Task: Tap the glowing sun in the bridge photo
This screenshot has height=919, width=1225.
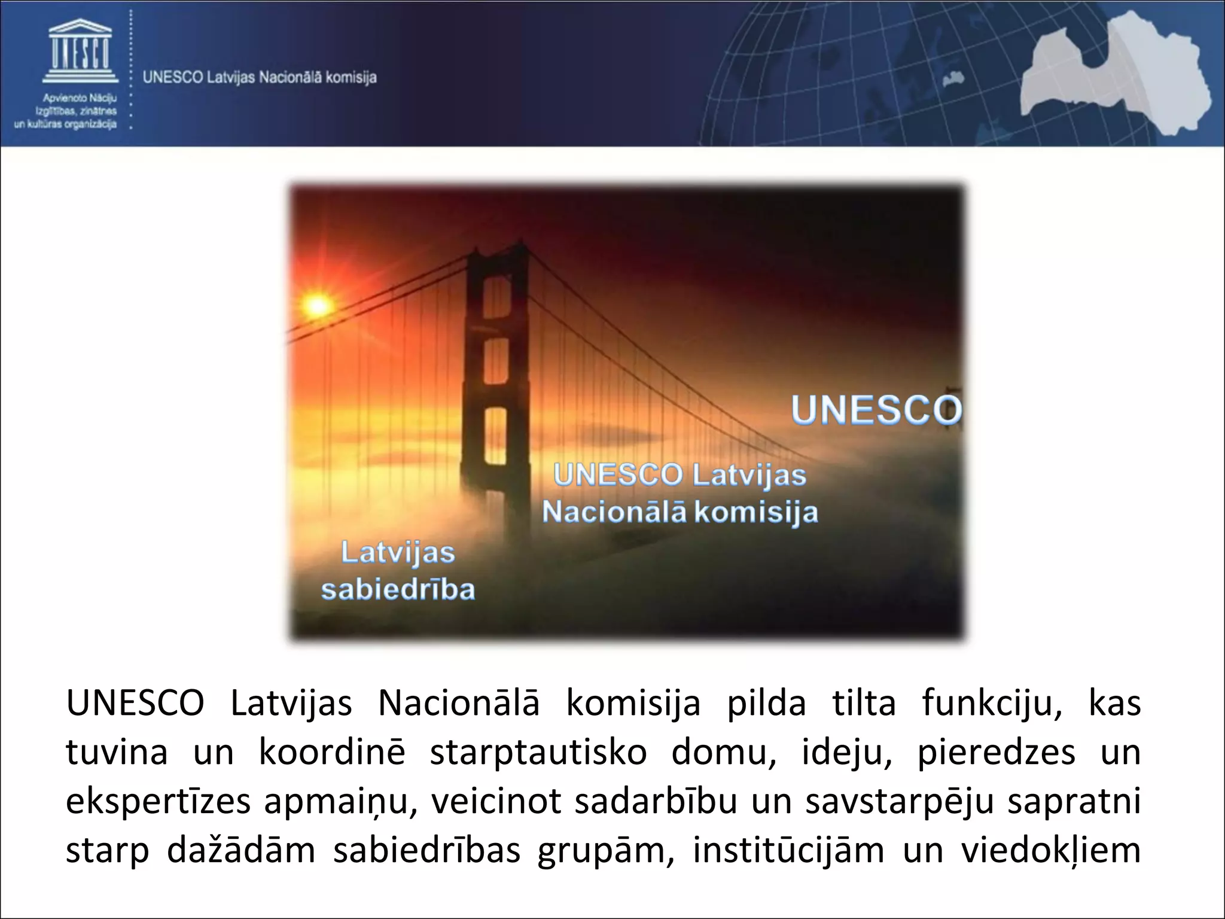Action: pyautogui.click(x=318, y=306)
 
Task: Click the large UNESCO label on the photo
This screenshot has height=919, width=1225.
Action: pyautogui.click(x=876, y=410)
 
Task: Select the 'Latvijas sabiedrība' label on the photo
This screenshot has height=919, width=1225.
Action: pyautogui.click(x=398, y=571)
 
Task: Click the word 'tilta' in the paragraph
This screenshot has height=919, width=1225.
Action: pyautogui.click(x=864, y=703)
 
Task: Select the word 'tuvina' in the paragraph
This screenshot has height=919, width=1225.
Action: pyautogui.click(x=117, y=752)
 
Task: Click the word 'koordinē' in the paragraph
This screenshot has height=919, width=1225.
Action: pyautogui.click(x=332, y=752)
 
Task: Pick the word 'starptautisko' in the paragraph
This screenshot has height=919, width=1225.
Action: pyautogui.click(x=538, y=753)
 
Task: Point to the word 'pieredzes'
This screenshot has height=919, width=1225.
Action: pyautogui.click(x=997, y=753)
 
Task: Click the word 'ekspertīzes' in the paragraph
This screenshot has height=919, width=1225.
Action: pyautogui.click(x=158, y=802)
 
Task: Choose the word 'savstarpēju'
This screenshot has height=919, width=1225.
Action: pyautogui.click(x=900, y=802)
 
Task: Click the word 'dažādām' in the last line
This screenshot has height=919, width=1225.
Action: pyautogui.click(x=240, y=850)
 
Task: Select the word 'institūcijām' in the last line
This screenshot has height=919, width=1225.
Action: pyautogui.click(x=788, y=850)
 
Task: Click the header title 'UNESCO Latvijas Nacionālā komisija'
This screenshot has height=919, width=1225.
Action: pyautogui.click(x=260, y=78)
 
